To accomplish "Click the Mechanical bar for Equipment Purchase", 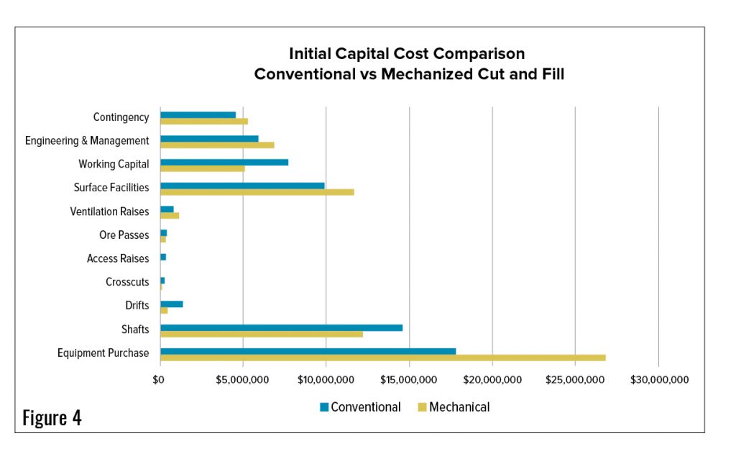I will pos(382,358).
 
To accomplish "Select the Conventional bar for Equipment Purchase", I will pos(308,351).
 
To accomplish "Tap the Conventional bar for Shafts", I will pos(281,327).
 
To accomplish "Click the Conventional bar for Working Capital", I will pos(224,162).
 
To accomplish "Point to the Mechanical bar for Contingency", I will pos(203,122).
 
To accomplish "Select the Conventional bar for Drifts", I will pos(171,304).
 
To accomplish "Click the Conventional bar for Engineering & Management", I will pos(209,138).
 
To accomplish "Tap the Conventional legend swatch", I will pos(324,407).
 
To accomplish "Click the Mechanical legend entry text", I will pos(459,407).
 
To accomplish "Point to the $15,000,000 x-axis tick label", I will pos(409,380).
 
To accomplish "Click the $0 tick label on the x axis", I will pos(160,380).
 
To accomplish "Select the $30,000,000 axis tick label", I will pos(659,380).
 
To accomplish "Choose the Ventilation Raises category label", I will pos(109,212).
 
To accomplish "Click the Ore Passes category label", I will pos(124,235).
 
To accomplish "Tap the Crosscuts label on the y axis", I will pos(127,282).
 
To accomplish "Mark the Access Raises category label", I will pos(118,258).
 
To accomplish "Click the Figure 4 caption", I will pos(52,418).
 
